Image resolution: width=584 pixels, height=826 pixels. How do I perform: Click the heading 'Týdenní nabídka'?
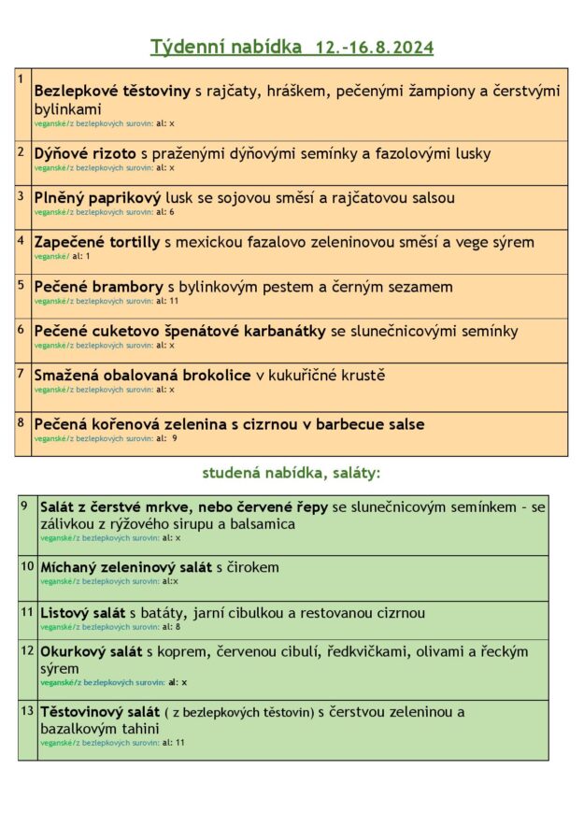[x=226, y=47]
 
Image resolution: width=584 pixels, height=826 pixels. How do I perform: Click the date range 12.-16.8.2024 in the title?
[x=375, y=48]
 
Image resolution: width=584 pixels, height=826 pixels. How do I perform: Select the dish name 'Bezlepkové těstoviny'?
[x=112, y=92]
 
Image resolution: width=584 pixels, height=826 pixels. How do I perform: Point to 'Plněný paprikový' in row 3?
[x=97, y=198]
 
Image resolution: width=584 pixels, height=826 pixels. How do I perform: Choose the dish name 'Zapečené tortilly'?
[x=97, y=243]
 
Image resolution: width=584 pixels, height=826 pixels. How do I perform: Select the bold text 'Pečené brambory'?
[x=98, y=287]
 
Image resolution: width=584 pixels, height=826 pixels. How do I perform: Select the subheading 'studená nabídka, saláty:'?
[x=292, y=474]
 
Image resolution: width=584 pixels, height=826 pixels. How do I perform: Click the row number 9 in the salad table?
[x=25, y=506]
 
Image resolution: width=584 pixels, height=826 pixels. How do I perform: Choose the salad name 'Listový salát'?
[x=82, y=613]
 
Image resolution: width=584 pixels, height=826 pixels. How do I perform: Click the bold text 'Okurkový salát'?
[x=92, y=651]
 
